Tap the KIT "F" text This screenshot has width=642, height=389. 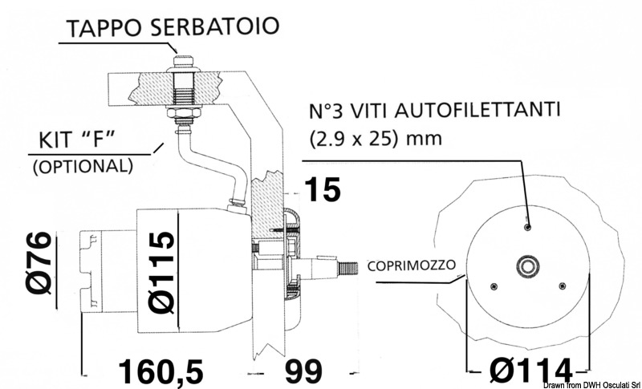click(77, 142)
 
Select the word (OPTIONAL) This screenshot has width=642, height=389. click(80, 166)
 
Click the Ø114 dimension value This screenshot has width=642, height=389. click(530, 371)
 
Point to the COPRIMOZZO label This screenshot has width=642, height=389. click(414, 265)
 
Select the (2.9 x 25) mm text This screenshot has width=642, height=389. click(376, 138)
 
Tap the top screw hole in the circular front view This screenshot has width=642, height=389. click(527, 227)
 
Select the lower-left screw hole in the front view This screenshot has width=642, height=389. click(494, 285)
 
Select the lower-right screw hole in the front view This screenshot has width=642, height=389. click(561, 285)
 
